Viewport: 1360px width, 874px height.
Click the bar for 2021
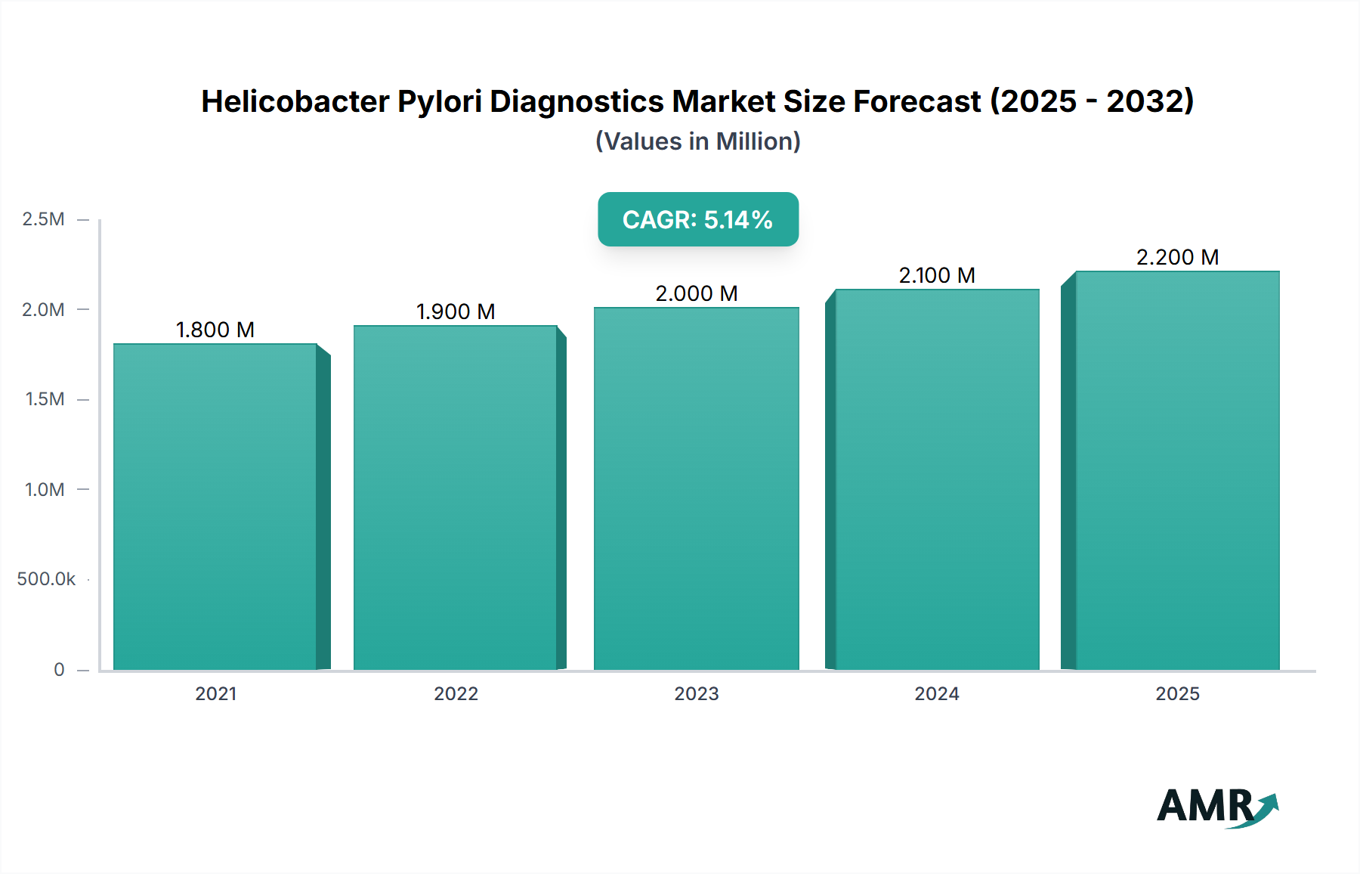(x=215, y=507)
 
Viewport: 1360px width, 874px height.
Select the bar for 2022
(x=456, y=497)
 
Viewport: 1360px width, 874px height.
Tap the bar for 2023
(x=696, y=488)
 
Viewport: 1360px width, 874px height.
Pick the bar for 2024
(x=937, y=479)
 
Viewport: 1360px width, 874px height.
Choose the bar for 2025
(x=1177, y=470)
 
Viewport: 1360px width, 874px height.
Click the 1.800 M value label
(x=215, y=330)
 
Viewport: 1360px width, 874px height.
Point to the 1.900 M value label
(x=456, y=311)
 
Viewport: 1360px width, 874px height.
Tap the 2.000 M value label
(x=696, y=293)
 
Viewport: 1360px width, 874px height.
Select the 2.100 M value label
(x=937, y=275)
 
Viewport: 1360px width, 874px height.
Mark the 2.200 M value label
(x=1177, y=257)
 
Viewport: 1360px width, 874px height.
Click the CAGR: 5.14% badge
(x=698, y=219)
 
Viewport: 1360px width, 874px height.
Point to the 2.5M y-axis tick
(x=44, y=219)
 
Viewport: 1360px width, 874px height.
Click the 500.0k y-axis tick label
(x=46, y=579)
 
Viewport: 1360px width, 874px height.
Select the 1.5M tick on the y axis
(x=45, y=399)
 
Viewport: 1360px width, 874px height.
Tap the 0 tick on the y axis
(x=59, y=669)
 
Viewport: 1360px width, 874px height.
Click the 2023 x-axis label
(x=696, y=693)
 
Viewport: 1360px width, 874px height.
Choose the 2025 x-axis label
(x=1177, y=693)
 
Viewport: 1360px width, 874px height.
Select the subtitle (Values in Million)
(x=698, y=141)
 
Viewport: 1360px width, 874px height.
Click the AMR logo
(x=1217, y=806)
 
